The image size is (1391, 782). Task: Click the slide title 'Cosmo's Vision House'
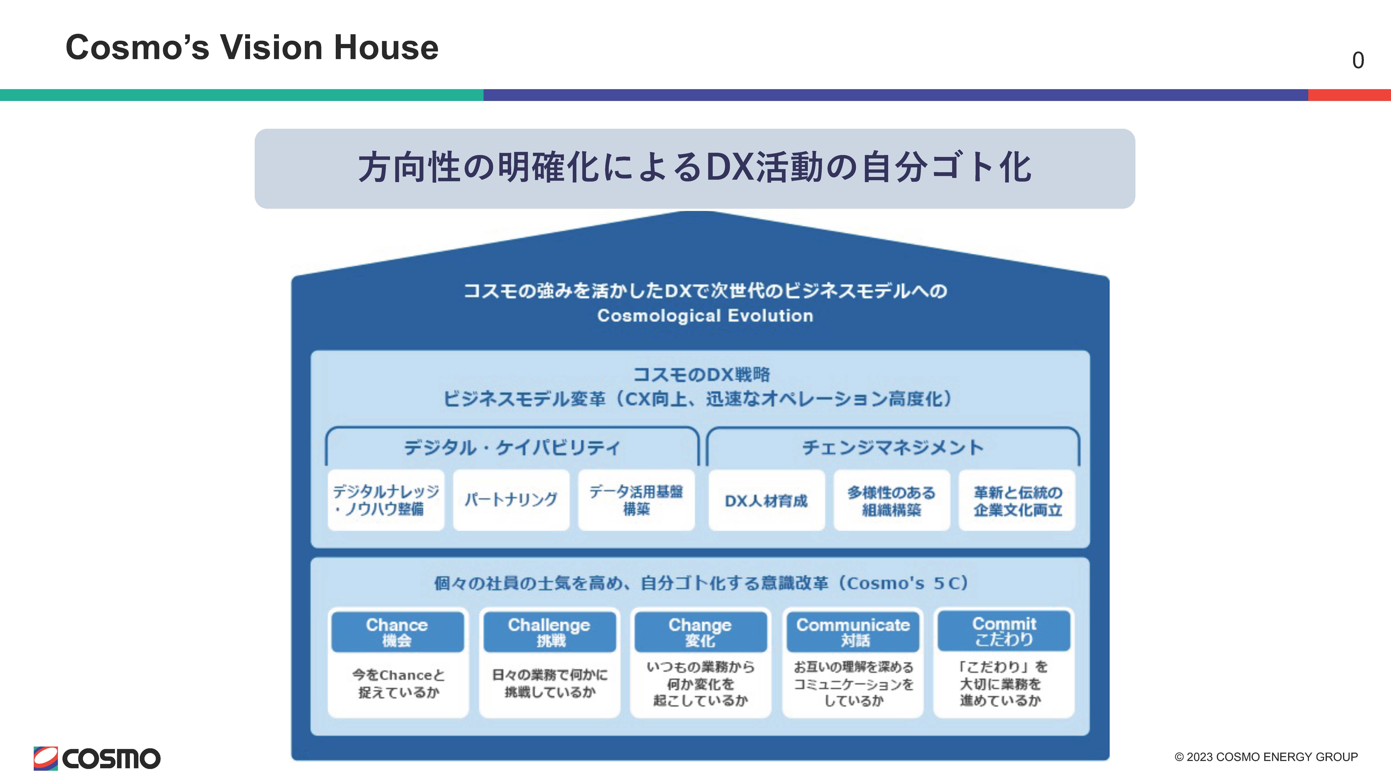tap(252, 47)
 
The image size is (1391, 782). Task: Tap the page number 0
tap(1358, 60)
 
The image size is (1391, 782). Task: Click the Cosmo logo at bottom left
tap(97, 758)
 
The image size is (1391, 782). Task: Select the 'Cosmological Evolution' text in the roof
tap(705, 316)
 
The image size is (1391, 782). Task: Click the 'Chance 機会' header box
tap(397, 632)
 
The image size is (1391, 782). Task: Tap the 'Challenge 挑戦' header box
tap(550, 632)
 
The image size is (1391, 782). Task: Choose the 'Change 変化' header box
tap(700, 632)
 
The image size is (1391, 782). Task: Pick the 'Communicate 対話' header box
tap(853, 632)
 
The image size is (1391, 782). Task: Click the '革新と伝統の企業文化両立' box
tap(1017, 500)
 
